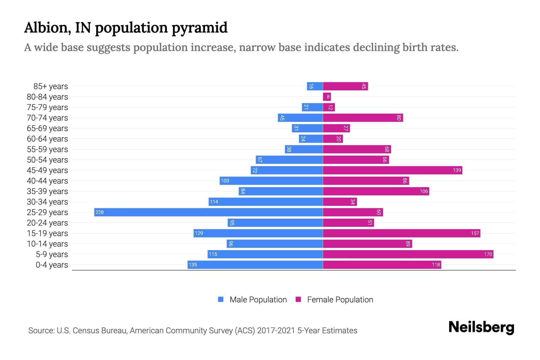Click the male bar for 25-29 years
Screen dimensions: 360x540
coord(208,212)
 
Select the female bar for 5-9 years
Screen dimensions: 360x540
coord(408,254)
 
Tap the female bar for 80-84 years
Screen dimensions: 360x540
coord(327,97)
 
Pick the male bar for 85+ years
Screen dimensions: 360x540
coord(315,86)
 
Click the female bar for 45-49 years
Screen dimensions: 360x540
coord(392,170)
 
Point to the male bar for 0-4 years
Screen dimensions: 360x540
coord(255,265)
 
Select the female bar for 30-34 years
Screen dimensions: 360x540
coord(340,202)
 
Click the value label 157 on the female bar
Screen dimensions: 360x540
coord(475,233)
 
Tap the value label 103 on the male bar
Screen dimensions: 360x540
coord(225,181)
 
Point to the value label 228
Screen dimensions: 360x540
coord(100,212)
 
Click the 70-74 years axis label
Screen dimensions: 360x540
coord(47,118)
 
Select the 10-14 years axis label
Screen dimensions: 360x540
coord(47,244)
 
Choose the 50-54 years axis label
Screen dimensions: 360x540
coord(47,160)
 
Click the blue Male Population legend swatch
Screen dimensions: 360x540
coord(221,299)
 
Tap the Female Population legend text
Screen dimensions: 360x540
coord(340,300)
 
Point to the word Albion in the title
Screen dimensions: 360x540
coord(47,28)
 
